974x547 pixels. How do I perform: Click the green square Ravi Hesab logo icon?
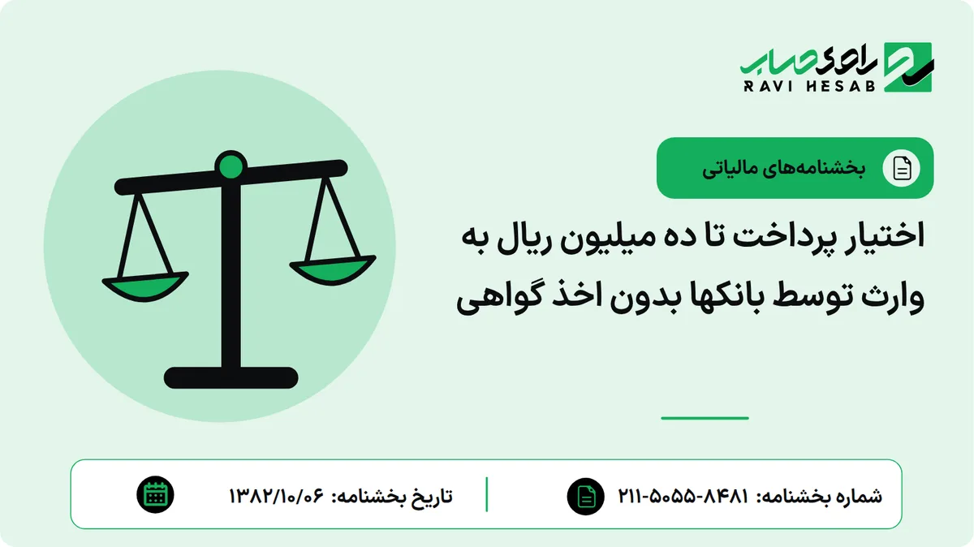click(x=908, y=67)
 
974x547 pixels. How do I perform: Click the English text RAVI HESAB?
click(x=809, y=86)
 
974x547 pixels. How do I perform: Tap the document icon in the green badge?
click(x=902, y=168)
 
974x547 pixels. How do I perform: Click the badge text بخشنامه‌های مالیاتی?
click(x=783, y=168)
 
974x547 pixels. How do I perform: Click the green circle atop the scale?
click(x=231, y=166)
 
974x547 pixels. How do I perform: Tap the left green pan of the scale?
click(x=145, y=286)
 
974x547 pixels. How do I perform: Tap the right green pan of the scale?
click(x=333, y=269)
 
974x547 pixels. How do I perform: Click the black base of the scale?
click(x=231, y=377)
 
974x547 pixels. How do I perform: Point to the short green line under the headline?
click(x=705, y=418)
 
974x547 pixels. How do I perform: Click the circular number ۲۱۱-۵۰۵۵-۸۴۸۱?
click(x=683, y=496)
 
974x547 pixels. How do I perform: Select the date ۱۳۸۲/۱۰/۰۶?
click(x=277, y=496)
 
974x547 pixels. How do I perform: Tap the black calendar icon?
click(x=155, y=495)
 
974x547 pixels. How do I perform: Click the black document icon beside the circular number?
click(x=586, y=496)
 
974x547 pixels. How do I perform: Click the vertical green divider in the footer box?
click(x=486, y=494)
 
